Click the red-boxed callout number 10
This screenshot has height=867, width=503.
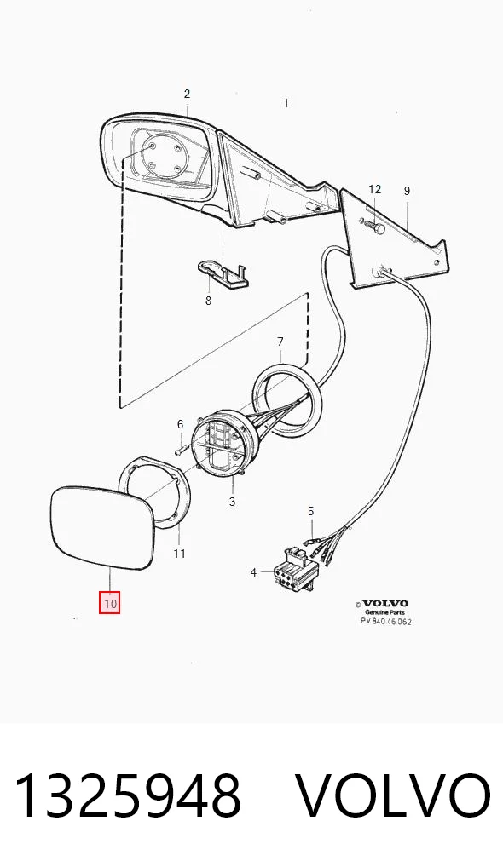tap(110, 603)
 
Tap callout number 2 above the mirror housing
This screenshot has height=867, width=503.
tap(187, 94)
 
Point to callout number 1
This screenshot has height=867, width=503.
tap(286, 103)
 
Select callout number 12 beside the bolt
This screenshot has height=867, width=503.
tap(374, 189)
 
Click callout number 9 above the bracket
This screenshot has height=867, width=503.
tap(407, 191)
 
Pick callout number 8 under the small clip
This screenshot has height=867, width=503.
tap(208, 301)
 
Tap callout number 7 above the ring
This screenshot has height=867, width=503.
tap(280, 342)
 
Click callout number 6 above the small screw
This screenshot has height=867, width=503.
tap(180, 425)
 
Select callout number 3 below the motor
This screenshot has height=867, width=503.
tap(232, 502)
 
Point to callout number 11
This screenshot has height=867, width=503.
tap(179, 554)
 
